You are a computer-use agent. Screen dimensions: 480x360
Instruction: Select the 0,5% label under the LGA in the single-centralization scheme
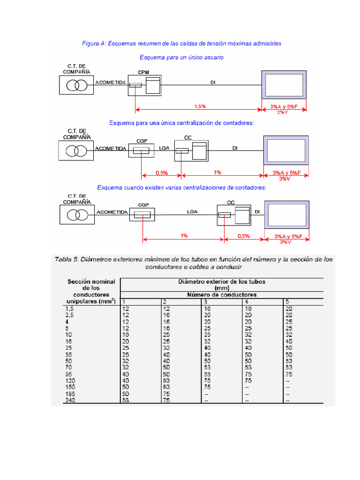click(x=162, y=172)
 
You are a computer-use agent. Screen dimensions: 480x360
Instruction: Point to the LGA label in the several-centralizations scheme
click(x=192, y=212)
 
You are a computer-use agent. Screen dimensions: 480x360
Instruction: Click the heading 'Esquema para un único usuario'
click(x=181, y=57)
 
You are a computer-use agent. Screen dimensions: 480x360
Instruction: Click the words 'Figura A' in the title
click(x=94, y=44)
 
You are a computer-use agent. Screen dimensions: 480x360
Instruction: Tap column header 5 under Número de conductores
click(x=287, y=301)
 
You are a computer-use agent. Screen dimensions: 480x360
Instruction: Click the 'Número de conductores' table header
click(x=221, y=295)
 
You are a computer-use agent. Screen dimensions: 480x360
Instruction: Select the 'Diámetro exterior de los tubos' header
click(x=222, y=282)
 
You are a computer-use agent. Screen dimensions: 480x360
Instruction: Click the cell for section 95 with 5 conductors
click(x=289, y=375)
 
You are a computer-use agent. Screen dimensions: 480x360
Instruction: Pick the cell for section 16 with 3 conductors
click(x=207, y=342)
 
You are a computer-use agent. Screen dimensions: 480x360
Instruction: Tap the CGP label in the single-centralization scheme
click(x=142, y=140)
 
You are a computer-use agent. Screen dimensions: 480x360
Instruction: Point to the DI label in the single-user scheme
click(x=213, y=82)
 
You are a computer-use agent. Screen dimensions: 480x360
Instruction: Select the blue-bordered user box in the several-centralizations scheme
click(x=286, y=214)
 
